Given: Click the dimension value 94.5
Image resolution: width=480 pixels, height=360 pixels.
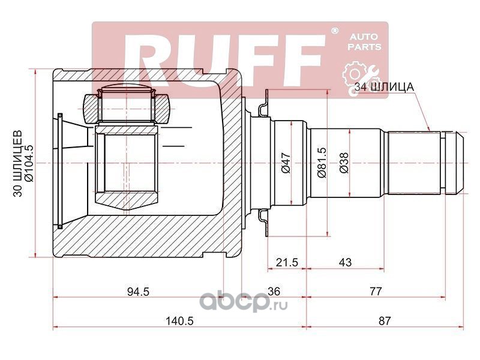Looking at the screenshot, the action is click(x=138, y=292).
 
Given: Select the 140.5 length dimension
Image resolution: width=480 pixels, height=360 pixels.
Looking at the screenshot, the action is click(x=179, y=321).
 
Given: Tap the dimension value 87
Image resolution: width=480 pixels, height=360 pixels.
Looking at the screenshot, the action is click(x=385, y=320).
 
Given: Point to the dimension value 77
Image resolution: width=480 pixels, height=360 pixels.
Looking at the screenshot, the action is click(x=376, y=291).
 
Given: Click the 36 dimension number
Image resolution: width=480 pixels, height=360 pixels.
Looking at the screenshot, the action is click(x=274, y=291).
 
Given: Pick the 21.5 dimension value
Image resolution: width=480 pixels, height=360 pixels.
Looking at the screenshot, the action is click(x=287, y=262).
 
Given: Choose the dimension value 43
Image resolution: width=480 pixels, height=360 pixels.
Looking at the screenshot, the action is click(x=346, y=262).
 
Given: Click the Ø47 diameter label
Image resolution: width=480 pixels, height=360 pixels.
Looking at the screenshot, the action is click(x=286, y=162).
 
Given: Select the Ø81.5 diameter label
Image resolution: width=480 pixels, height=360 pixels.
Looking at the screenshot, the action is click(x=322, y=163).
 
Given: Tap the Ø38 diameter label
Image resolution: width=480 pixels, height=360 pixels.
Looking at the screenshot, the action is click(x=344, y=163).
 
